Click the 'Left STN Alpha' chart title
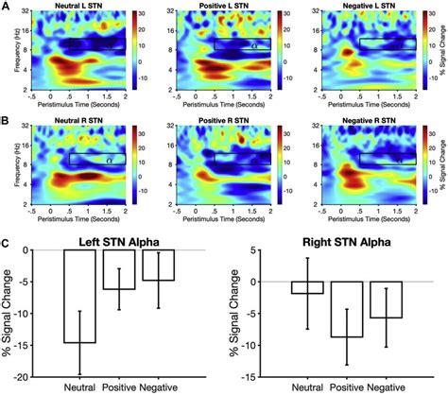pyautogui.click(x=112, y=240)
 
